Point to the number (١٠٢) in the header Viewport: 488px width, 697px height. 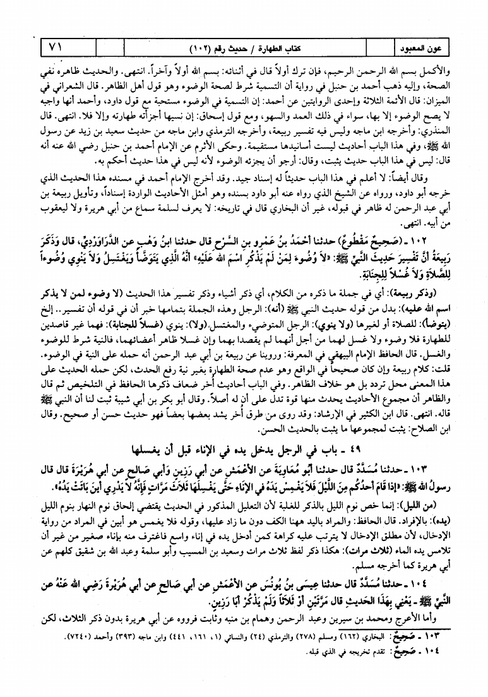click(x=206, y=48)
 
